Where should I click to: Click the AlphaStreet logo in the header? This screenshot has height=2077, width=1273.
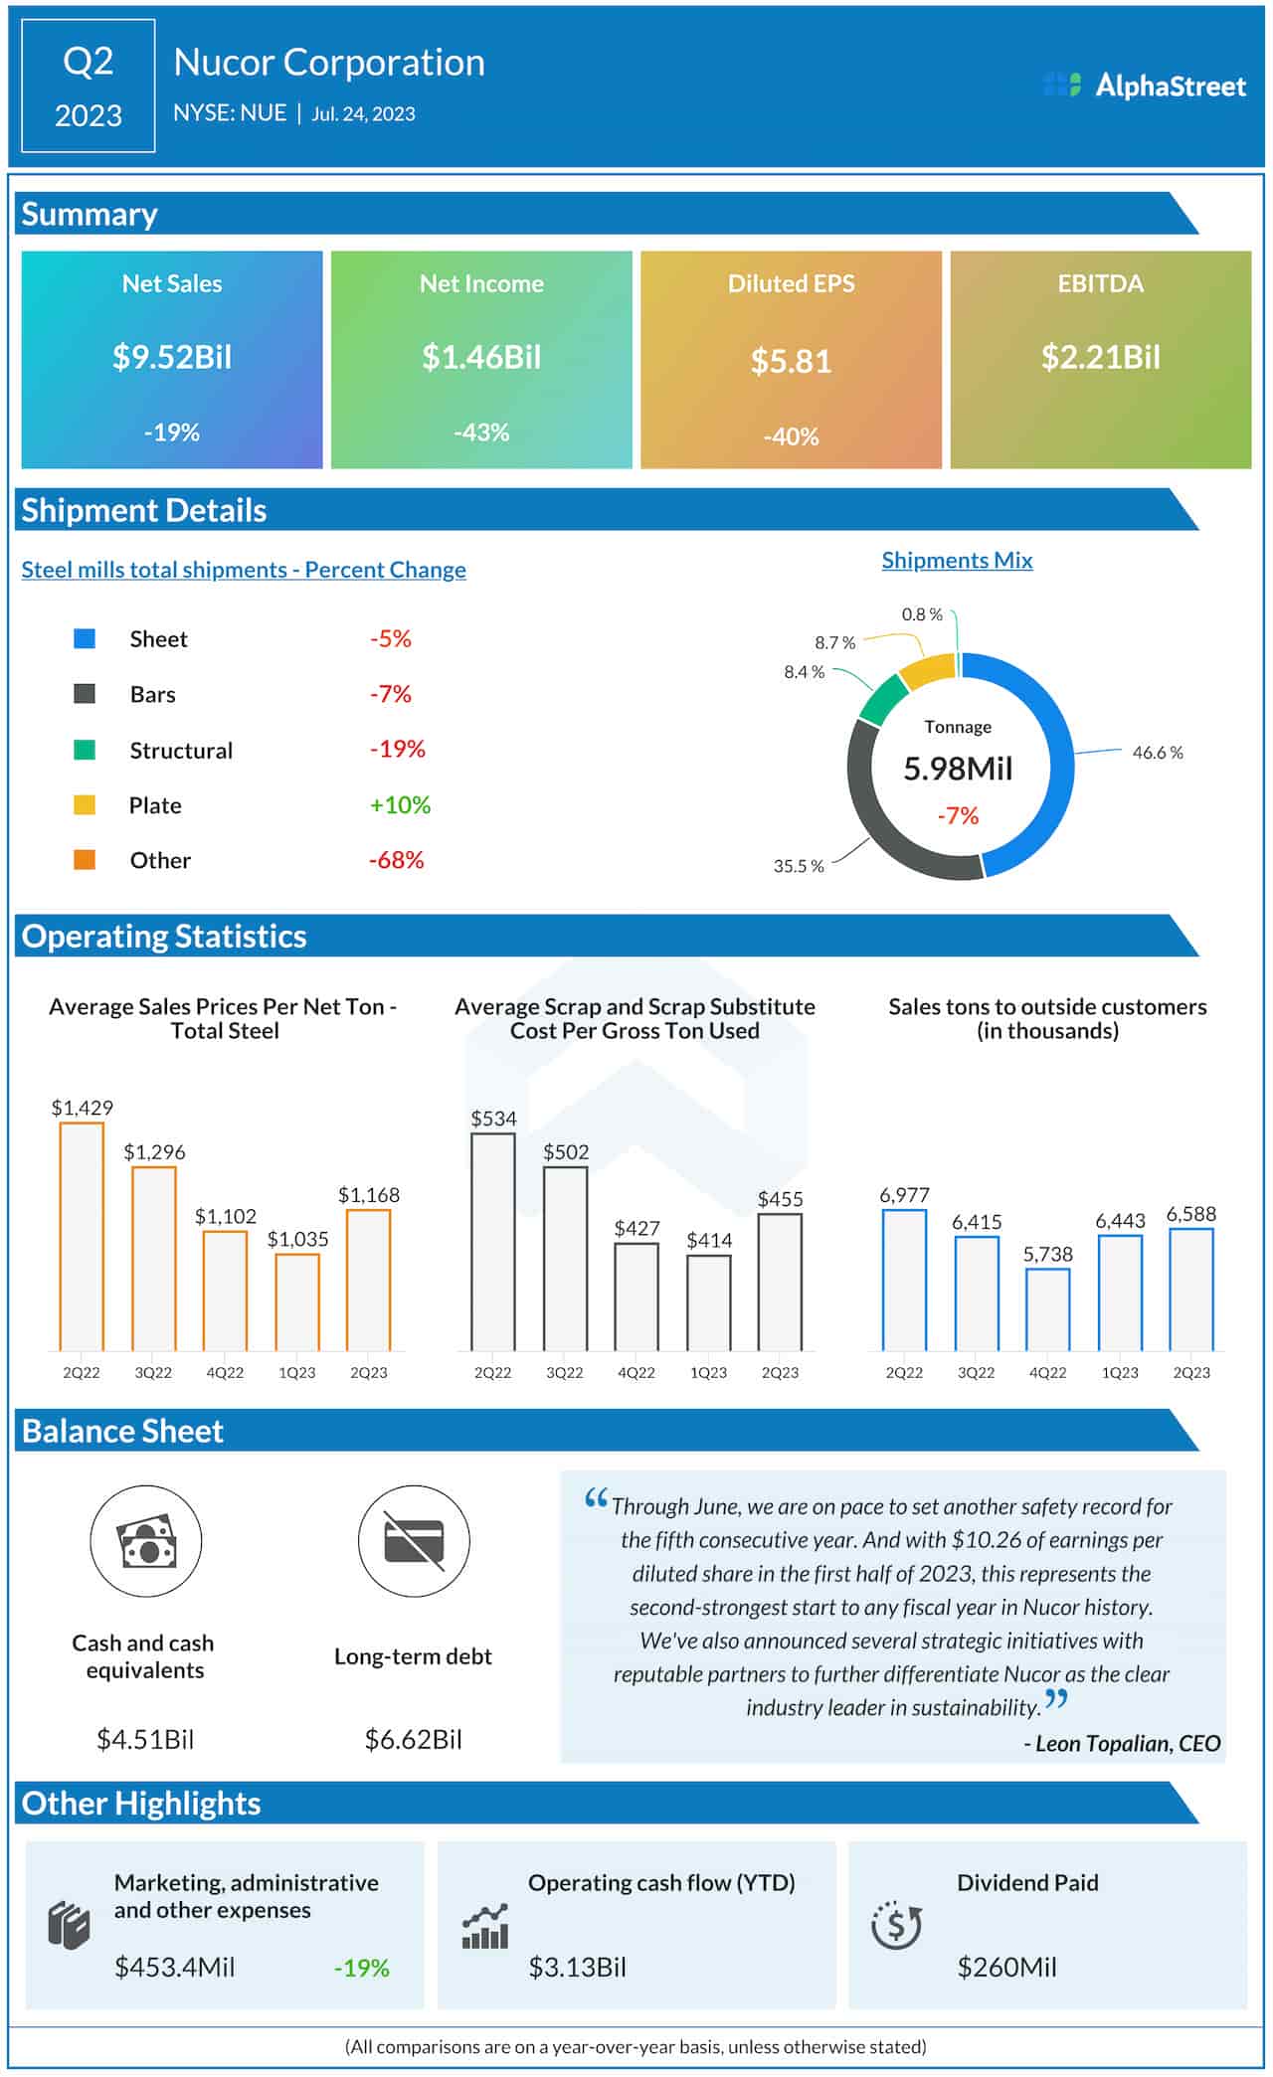click(x=1144, y=86)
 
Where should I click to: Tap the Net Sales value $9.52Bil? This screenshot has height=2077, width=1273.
click(x=172, y=357)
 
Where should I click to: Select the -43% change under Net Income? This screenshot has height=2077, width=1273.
click(x=481, y=433)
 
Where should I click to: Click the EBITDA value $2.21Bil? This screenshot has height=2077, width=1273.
click(x=1100, y=357)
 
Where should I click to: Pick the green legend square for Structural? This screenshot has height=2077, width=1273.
click(x=85, y=750)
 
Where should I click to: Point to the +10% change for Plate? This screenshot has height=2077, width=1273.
click(x=400, y=804)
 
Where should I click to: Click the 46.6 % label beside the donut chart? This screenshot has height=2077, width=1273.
click(x=1157, y=753)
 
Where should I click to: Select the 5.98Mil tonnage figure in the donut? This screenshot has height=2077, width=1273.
click(x=958, y=769)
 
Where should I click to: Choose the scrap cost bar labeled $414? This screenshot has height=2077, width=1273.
click(x=708, y=1302)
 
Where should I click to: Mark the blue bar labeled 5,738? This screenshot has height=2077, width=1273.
click(x=1047, y=1309)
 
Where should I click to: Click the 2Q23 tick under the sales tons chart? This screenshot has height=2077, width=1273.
click(x=1190, y=1372)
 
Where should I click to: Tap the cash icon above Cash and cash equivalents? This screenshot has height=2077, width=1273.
click(x=146, y=1541)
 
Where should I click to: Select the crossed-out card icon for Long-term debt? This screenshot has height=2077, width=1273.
click(x=414, y=1541)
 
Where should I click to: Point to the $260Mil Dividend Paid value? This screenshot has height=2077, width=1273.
click(x=1006, y=1967)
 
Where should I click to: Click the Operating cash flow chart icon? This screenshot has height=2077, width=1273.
click(x=485, y=1926)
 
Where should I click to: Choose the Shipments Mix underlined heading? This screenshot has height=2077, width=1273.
click(x=957, y=560)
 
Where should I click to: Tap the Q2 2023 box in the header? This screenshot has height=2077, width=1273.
click(x=89, y=87)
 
